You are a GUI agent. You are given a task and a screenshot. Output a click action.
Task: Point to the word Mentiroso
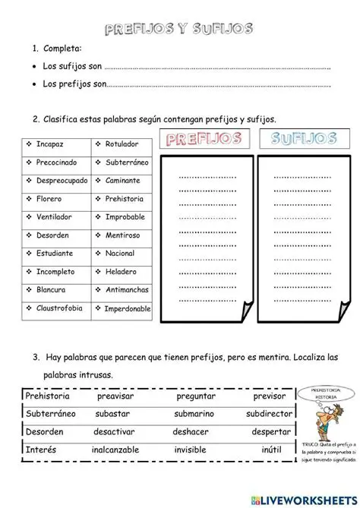pos(123,235)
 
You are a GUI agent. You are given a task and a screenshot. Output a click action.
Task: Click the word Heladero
pos(121,271)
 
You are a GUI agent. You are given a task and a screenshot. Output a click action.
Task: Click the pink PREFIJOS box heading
pos(203,140)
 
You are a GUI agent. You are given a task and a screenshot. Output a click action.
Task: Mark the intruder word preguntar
pos(196,396)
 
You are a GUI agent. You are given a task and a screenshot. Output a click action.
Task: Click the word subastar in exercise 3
pos(112,415)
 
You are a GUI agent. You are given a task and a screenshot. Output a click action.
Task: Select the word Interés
pos(41,450)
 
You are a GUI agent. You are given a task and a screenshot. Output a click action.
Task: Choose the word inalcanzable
pos(115,450)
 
